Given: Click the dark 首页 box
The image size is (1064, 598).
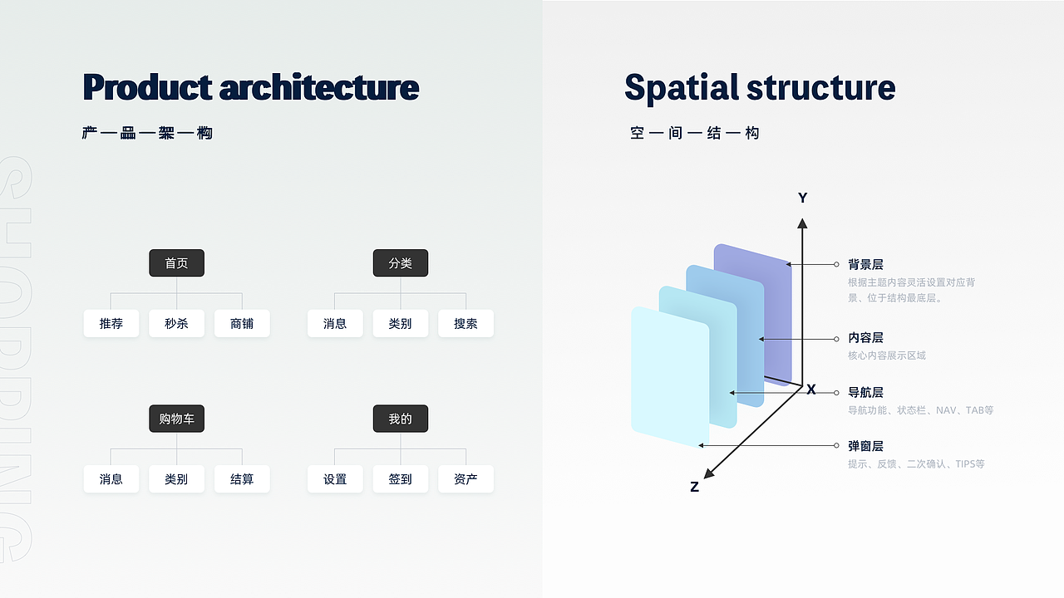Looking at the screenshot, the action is [177, 263].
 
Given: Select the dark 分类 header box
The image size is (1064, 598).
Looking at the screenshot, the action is [401, 263].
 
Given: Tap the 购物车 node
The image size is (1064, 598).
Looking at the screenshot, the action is [177, 419].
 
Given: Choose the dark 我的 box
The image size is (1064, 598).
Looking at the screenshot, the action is [401, 419].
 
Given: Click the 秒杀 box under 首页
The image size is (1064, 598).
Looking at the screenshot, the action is [177, 323].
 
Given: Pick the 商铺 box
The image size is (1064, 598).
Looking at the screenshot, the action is [242, 323].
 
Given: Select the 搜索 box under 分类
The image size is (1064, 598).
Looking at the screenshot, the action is [466, 323].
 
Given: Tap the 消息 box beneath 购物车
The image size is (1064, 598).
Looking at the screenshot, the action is [111, 479].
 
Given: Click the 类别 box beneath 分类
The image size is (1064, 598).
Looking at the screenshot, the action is [401, 323].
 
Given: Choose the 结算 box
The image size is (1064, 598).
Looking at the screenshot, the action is [242, 479].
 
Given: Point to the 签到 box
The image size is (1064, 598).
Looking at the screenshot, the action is [401, 479].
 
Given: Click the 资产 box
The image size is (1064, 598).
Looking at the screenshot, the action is [466, 479].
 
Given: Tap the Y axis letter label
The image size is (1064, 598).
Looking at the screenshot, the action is [803, 198].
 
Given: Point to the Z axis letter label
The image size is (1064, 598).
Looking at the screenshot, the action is [694, 487].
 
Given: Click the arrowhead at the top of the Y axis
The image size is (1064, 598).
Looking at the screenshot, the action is [802, 223].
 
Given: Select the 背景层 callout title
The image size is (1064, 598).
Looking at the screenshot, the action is [865, 264].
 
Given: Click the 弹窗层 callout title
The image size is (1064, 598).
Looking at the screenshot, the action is [865, 446].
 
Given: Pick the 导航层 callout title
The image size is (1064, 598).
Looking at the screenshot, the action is [865, 393].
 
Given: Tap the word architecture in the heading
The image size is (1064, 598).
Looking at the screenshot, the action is [319, 87].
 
